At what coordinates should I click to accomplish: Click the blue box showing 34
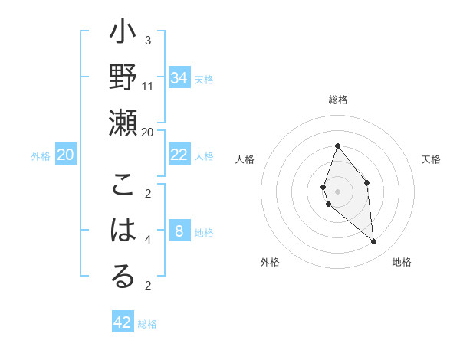[x=179, y=78]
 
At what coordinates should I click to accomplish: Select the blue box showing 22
[x=179, y=155]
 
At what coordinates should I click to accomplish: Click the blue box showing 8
[x=179, y=231]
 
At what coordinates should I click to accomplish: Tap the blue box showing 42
[x=123, y=322]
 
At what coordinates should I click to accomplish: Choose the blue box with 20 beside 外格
[x=66, y=155]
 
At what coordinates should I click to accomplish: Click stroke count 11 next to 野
[x=148, y=86]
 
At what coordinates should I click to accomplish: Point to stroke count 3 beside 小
[x=148, y=41]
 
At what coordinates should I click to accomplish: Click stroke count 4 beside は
[x=148, y=240]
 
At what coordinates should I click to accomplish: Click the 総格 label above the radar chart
[x=338, y=100]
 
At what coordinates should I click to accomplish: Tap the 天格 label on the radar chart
[x=431, y=159]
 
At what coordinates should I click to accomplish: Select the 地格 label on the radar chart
[x=402, y=262]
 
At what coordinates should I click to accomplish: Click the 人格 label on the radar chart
[x=245, y=159]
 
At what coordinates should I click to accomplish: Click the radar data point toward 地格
[x=374, y=242]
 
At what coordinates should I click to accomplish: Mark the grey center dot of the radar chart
[x=338, y=191]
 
